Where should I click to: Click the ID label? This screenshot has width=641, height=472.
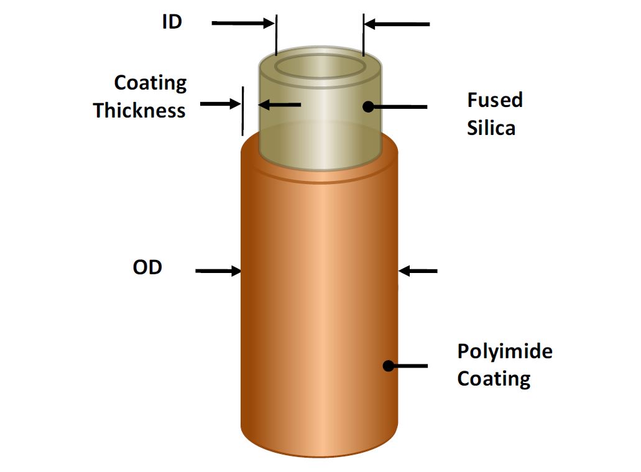pos(172,21)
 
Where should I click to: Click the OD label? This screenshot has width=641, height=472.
pos(147,267)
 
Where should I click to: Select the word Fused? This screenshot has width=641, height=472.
pos(495,100)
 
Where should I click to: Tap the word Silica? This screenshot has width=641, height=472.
pos(491,128)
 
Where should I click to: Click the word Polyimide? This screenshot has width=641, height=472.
pos(504,352)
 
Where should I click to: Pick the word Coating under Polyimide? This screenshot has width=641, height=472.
pos(494,379)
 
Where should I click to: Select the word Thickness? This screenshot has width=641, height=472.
pos(139,111)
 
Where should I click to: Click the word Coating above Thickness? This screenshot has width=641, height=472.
pos(150,83)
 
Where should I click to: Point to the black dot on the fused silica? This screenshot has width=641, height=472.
pos(368,106)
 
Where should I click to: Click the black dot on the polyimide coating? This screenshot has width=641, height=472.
pos(389,366)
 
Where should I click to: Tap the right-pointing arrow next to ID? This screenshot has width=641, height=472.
pos(242,24)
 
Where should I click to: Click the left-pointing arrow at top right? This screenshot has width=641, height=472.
pos(397,24)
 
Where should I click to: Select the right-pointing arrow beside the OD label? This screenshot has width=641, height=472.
pos(218,271)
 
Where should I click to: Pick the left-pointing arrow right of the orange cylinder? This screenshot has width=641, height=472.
pos(418,271)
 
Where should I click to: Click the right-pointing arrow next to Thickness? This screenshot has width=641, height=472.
pos(220,104)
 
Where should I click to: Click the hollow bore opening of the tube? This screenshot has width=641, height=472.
pos(320,65)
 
